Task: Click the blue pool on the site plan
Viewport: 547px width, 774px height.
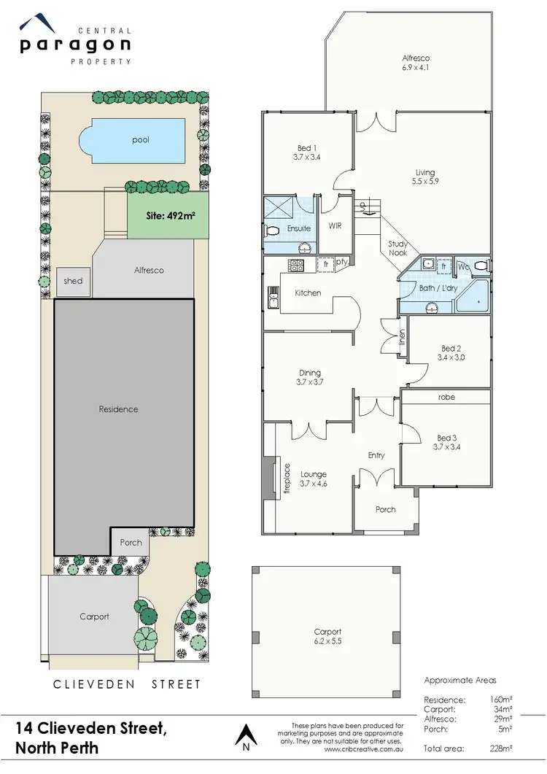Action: click(x=138, y=140)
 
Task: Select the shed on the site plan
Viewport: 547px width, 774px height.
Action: click(x=73, y=282)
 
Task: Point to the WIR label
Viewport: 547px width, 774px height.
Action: click(x=335, y=226)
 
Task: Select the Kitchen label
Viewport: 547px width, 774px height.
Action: click(x=309, y=293)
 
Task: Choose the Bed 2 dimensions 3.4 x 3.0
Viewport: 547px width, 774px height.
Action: click(x=450, y=358)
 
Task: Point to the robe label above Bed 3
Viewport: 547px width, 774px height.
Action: click(x=446, y=398)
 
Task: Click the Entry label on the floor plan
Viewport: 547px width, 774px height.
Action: click(x=376, y=456)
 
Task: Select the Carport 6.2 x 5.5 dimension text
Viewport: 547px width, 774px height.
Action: click(x=327, y=642)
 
